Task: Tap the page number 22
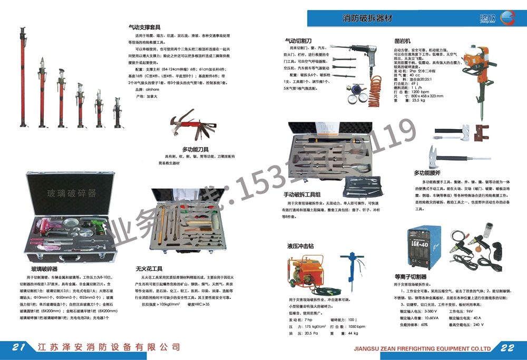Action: (x=508, y=348)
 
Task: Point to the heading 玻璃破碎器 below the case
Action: (x=44, y=268)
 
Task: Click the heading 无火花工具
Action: (x=149, y=268)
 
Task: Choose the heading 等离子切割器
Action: (x=411, y=276)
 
